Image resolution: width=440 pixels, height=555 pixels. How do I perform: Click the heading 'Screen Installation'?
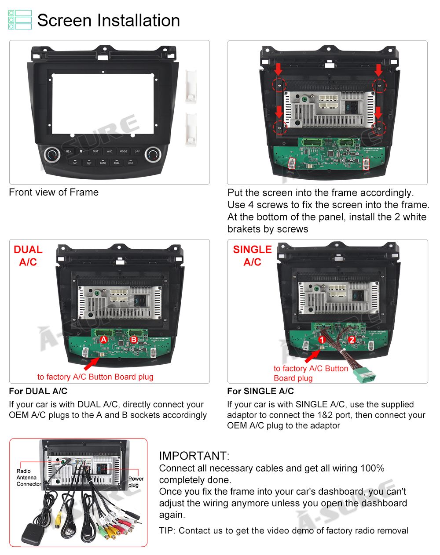click(108, 21)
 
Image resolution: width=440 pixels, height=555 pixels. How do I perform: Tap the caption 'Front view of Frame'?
click(54, 192)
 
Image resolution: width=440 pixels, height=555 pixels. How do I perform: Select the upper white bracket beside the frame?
click(191, 86)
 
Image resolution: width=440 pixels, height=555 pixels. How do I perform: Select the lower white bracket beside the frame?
click(191, 129)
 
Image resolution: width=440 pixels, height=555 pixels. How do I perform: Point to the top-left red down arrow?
click(278, 69)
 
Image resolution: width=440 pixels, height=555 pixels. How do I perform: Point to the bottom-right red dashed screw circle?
click(379, 128)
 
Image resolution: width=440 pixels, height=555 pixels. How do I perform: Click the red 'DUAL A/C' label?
click(28, 256)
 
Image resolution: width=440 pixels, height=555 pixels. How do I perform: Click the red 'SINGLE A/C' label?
click(252, 256)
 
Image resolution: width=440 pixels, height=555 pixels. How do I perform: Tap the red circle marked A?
click(104, 339)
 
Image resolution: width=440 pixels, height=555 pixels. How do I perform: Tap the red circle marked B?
click(134, 339)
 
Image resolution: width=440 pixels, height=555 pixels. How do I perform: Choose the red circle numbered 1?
click(322, 340)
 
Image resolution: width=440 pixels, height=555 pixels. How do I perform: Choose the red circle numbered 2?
click(352, 340)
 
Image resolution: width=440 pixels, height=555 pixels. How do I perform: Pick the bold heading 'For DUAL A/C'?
click(38, 391)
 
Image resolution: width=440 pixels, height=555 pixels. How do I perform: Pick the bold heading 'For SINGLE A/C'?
click(260, 391)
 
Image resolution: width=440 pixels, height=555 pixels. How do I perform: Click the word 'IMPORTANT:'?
click(194, 456)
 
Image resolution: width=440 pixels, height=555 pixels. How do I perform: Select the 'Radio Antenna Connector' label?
click(28, 478)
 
